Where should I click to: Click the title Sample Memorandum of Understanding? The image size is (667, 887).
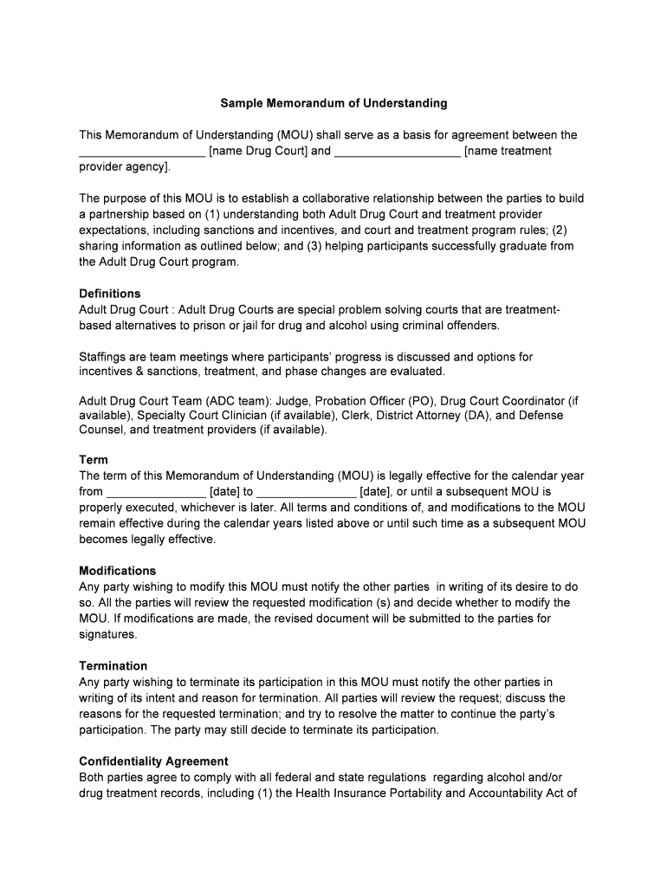(333, 103)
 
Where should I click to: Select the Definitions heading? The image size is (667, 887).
(110, 294)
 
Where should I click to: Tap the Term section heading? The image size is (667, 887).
(94, 460)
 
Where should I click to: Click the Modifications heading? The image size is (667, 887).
(118, 571)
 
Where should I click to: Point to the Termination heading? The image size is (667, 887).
(113, 666)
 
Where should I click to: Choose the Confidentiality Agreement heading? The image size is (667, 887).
(153, 761)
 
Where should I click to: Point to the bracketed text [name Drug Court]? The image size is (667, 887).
(258, 151)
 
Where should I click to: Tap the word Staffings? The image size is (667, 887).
(105, 357)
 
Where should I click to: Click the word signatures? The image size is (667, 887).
(107, 634)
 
